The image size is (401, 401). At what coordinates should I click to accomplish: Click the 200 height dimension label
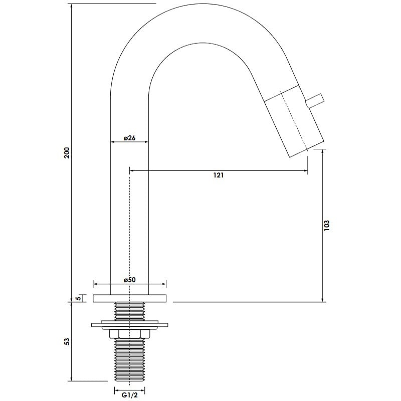tap(67, 153)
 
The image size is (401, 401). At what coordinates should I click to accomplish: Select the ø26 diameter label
tap(130, 138)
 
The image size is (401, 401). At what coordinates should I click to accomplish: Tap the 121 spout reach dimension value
tap(219, 175)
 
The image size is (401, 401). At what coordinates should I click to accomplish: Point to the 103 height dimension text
tap(327, 225)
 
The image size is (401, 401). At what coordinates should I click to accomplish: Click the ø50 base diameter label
tap(130, 280)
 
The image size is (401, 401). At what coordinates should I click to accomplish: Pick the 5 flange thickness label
tap(79, 298)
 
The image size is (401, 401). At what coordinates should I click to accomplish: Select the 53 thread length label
tap(67, 341)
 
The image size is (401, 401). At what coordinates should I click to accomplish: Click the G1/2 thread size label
tap(130, 395)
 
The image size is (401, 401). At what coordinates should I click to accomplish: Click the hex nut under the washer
tap(130, 334)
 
